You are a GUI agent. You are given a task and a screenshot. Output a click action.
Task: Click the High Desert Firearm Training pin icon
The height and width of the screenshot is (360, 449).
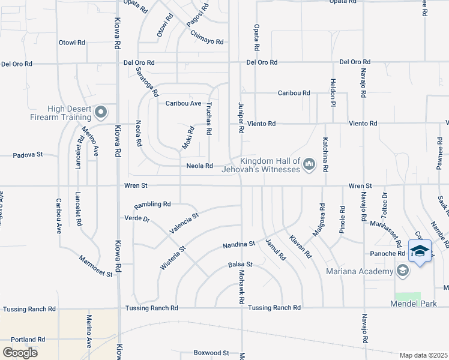click(x=101, y=112)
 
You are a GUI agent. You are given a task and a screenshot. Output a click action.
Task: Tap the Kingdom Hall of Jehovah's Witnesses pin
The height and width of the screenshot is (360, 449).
click(x=309, y=164)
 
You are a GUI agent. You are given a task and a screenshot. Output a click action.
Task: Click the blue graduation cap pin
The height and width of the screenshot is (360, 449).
click(x=420, y=251)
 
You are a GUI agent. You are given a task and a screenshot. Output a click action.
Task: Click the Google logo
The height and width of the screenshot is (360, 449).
click(x=20, y=352)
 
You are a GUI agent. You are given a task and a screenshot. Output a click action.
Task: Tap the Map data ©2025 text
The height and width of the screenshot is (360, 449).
click(x=423, y=355)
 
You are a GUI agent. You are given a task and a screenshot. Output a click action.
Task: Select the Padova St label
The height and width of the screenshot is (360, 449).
click(x=29, y=155)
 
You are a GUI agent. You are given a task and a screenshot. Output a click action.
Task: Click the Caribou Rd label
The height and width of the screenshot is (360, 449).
click(x=294, y=93)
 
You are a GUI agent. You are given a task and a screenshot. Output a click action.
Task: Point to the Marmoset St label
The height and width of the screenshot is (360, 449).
click(x=95, y=266)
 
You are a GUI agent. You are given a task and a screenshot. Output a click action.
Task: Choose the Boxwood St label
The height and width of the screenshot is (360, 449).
click(x=211, y=353)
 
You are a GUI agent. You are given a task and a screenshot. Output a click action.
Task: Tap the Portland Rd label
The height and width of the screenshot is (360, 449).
click(x=28, y=339)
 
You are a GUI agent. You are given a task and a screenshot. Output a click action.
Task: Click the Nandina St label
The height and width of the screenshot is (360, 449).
click(x=239, y=244)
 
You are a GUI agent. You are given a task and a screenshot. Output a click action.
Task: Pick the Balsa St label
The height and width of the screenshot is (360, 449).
click(x=240, y=264)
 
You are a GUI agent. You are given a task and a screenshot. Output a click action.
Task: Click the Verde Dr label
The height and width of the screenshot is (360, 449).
click(x=137, y=218)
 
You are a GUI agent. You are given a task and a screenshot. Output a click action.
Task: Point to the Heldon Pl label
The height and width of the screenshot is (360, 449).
click(x=331, y=92)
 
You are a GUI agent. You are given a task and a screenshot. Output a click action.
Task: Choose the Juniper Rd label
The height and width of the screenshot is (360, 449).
click(x=241, y=117)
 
